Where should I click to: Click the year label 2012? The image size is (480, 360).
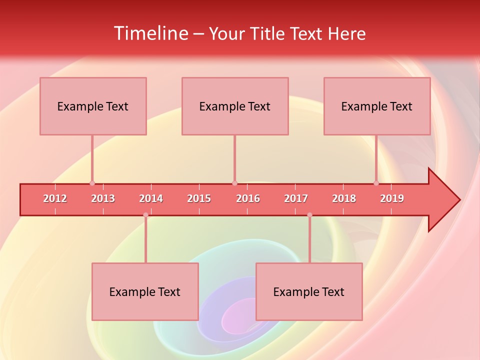tap(55, 198)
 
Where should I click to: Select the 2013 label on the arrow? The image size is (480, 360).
tap(103, 198)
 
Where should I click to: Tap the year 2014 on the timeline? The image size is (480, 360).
tap(151, 198)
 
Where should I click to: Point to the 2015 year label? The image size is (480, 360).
tap(199, 198)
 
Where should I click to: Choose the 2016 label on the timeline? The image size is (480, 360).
tap(248, 198)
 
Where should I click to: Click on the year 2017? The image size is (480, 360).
tap(296, 198)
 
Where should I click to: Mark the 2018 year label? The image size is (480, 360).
tap(344, 198)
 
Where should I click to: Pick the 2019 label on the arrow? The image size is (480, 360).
tap(392, 198)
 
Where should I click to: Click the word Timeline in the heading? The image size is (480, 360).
tap(150, 33)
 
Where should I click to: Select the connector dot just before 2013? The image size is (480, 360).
tap(92, 183)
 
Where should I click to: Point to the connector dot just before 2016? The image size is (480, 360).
tap(234, 183)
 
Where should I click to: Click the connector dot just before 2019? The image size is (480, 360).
tap(376, 183)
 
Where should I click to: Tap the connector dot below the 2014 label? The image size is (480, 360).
tap(145, 215)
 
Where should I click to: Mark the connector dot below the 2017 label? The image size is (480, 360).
tap(309, 215)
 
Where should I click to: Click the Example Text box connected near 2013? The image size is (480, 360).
tap(93, 106)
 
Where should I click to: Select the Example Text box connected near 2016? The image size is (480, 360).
tap(235, 106)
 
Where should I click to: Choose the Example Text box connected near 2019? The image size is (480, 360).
tap(377, 106)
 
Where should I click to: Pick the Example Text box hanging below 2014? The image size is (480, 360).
tap(145, 291)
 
